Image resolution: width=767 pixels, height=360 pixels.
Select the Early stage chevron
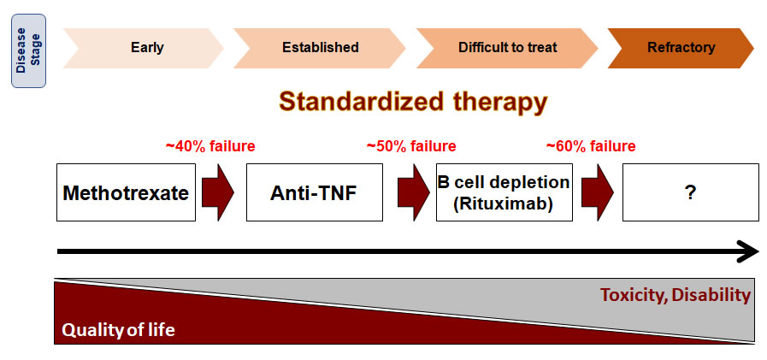(x=142, y=47)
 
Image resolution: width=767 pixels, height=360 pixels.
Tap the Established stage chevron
(x=320, y=47)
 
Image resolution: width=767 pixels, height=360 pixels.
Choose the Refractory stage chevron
(x=681, y=47)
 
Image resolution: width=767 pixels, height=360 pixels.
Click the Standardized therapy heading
(x=413, y=102)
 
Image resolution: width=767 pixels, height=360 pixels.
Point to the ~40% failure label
(x=210, y=146)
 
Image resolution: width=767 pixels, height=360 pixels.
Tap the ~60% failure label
(x=591, y=146)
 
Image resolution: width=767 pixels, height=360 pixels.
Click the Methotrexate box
(x=126, y=192)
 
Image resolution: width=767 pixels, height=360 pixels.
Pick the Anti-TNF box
(x=314, y=192)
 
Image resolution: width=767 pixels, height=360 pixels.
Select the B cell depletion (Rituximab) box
(x=504, y=192)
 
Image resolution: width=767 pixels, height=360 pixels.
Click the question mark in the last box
(x=689, y=193)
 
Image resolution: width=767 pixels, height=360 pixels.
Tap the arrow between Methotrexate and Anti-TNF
(x=217, y=192)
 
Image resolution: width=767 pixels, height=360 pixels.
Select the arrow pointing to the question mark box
(x=599, y=192)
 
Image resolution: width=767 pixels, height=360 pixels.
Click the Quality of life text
(x=117, y=329)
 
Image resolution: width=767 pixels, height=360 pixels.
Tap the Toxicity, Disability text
(x=675, y=296)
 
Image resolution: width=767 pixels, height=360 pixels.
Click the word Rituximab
(x=504, y=204)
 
